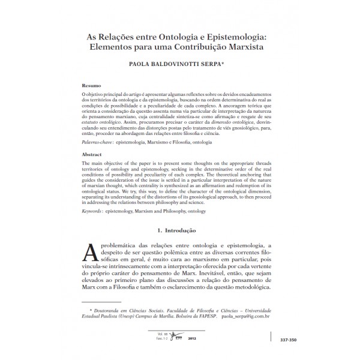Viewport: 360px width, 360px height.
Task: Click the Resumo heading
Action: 91,85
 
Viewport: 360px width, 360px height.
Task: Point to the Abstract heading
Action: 92,155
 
